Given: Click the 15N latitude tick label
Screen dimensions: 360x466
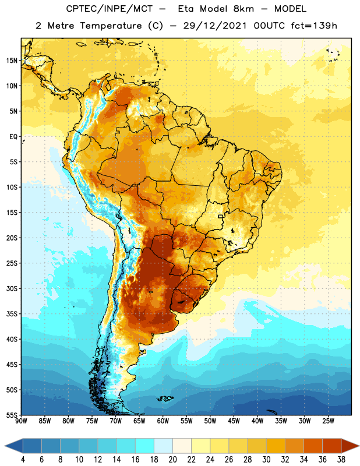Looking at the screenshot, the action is click(12, 61).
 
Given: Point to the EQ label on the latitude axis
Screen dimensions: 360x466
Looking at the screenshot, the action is click(13, 137).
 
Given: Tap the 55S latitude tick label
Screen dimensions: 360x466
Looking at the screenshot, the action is click(12, 415).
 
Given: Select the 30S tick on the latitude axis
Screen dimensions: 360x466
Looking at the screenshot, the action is click(12, 288).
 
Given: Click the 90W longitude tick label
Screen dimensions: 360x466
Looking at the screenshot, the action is click(21, 421).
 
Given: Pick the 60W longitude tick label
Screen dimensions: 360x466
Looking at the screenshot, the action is click(163, 421).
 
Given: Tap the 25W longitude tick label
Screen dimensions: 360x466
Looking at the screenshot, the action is click(328, 421).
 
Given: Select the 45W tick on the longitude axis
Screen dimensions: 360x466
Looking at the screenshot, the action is click(234, 421).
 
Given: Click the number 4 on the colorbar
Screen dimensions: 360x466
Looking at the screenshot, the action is click(23, 460).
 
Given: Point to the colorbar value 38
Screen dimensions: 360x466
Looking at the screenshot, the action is click(341, 460).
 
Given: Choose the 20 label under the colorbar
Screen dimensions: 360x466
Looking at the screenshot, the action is click(172, 460).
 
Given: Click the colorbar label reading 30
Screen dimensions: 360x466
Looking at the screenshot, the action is click(266, 460).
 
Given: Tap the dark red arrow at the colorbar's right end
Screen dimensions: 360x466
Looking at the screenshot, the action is click(350, 446).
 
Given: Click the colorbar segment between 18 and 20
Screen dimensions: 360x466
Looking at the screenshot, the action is click(163, 446).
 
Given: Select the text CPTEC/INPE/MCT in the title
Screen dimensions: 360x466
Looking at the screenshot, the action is click(110, 9).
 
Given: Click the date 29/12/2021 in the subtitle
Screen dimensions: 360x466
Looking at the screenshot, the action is click(214, 26).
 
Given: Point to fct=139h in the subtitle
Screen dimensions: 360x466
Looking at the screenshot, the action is click(314, 26).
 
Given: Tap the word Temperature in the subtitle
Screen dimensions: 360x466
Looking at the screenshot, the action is click(111, 26).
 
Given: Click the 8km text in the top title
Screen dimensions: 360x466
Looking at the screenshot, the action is click(243, 9).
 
